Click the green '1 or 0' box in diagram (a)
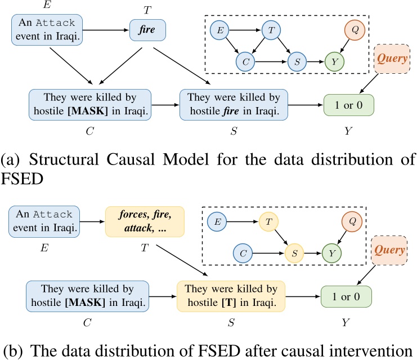[x=349, y=105]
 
